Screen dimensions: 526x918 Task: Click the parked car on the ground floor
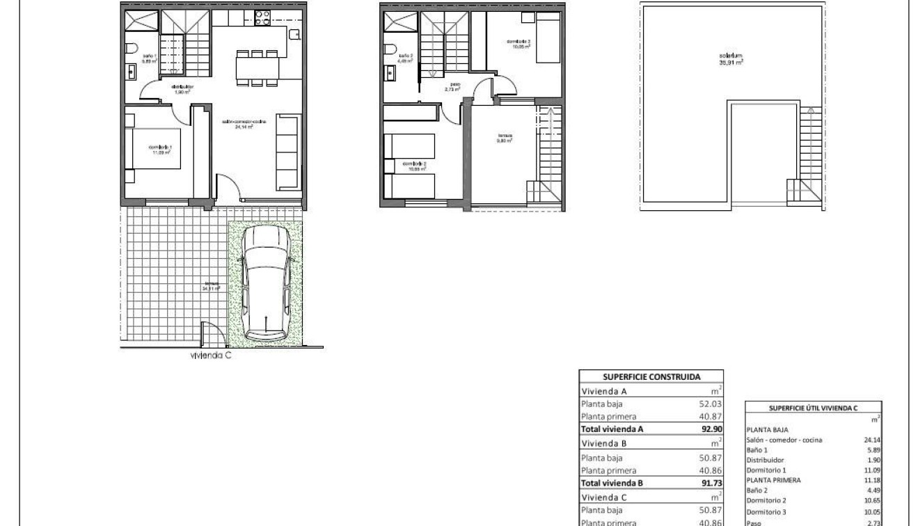(x=265, y=283)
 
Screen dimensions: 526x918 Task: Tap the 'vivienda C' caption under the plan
(x=210, y=355)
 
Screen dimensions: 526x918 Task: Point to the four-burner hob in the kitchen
(x=262, y=19)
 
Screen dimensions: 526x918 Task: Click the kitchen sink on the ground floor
(x=295, y=34)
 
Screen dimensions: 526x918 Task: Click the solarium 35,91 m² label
(x=731, y=58)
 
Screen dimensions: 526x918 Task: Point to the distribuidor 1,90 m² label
(x=182, y=89)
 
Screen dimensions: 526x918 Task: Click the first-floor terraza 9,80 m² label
(x=505, y=138)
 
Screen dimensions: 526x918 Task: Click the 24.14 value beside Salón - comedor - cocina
(x=871, y=440)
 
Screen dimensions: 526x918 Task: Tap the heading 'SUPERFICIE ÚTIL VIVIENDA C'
(x=813, y=408)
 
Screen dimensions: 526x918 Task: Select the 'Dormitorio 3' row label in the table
(x=766, y=512)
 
